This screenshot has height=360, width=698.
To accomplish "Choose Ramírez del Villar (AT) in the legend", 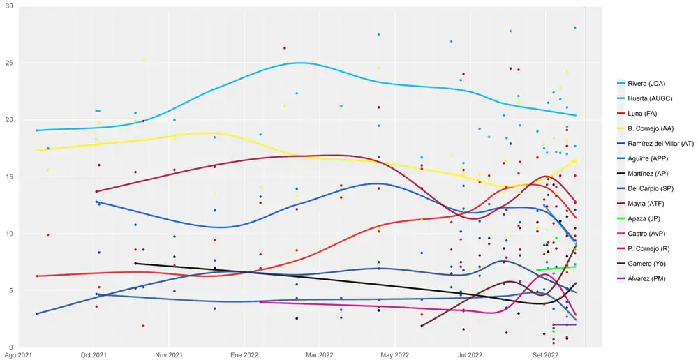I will (660, 142).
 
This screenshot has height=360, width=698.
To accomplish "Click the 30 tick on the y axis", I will (10, 6).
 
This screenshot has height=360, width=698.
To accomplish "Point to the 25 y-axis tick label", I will (10, 63).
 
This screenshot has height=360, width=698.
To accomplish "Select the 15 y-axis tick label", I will (10, 177).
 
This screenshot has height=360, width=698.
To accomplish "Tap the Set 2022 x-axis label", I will (545, 355).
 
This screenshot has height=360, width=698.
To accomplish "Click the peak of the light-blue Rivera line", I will (300, 63).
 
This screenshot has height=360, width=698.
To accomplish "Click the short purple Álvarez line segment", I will (564, 324).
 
